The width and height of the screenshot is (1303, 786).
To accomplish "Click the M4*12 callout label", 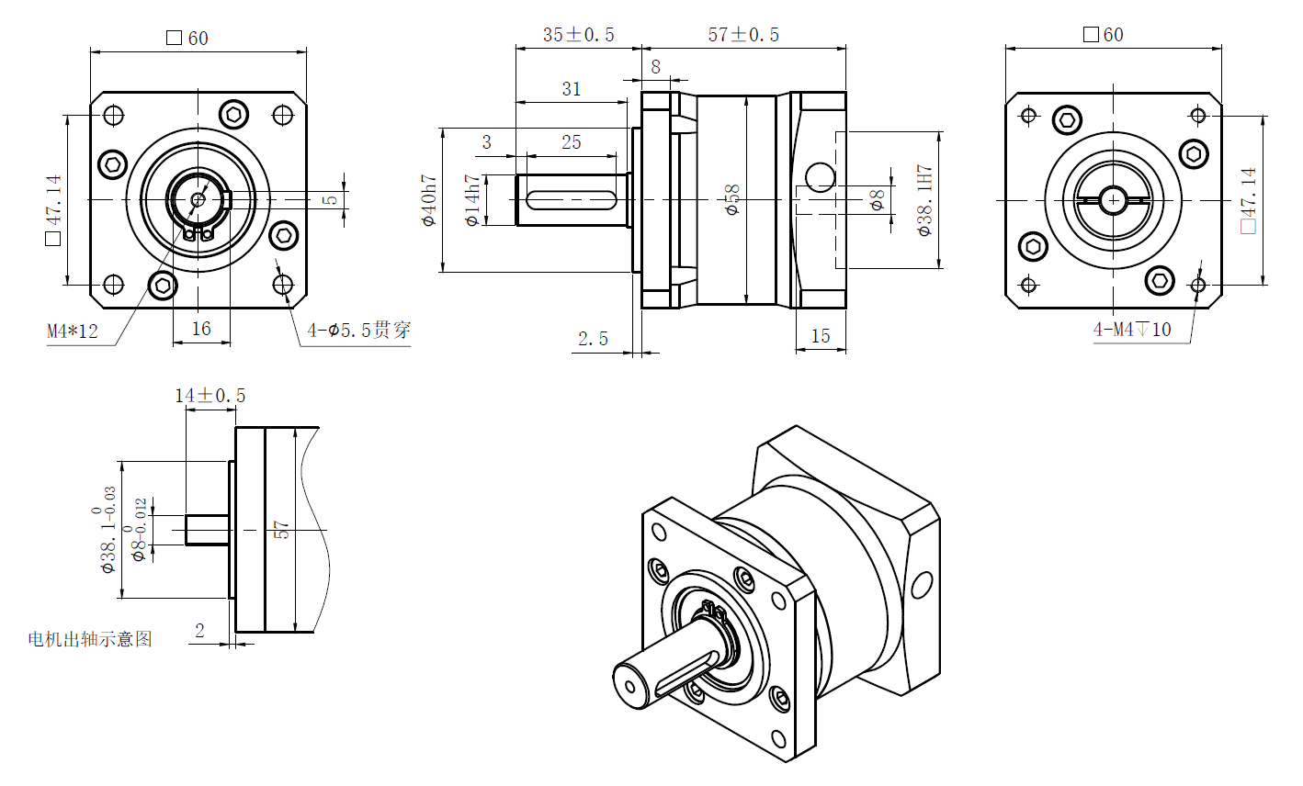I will tap(73, 331).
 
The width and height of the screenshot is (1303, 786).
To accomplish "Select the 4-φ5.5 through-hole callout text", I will tap(358, 330).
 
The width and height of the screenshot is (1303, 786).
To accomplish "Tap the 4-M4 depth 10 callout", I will tap(1132, 329).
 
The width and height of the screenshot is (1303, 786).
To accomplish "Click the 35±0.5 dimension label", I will tap(578, 35).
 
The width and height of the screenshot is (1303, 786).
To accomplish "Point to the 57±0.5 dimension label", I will tap(743, 35).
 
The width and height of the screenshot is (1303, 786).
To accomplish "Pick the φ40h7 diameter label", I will tap(428, 200).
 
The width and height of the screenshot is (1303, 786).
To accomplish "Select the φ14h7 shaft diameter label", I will tap(471, 200).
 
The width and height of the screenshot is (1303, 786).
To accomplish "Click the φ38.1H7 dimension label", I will tap(924, 200).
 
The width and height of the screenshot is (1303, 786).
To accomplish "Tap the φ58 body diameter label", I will tap(732, 200).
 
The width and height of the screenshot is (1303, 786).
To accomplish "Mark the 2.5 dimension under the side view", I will tap(593, 339).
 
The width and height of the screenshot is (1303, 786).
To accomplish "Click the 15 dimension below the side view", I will tap(821, 336).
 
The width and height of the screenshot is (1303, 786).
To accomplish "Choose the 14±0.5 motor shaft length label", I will tap(210, 396).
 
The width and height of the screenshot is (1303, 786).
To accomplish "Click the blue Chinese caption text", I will tap(90, 639).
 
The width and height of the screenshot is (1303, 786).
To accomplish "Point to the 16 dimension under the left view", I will tap(201, 329).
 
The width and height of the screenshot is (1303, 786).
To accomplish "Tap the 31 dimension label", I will tap(572, 89).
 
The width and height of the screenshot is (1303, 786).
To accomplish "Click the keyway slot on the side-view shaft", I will tap(572, 199).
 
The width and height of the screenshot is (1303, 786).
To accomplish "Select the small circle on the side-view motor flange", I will tap(820, 175).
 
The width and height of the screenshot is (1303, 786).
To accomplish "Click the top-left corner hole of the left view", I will tap(114, 116).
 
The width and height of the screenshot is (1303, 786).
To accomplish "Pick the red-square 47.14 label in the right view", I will tap(1247, 200).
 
